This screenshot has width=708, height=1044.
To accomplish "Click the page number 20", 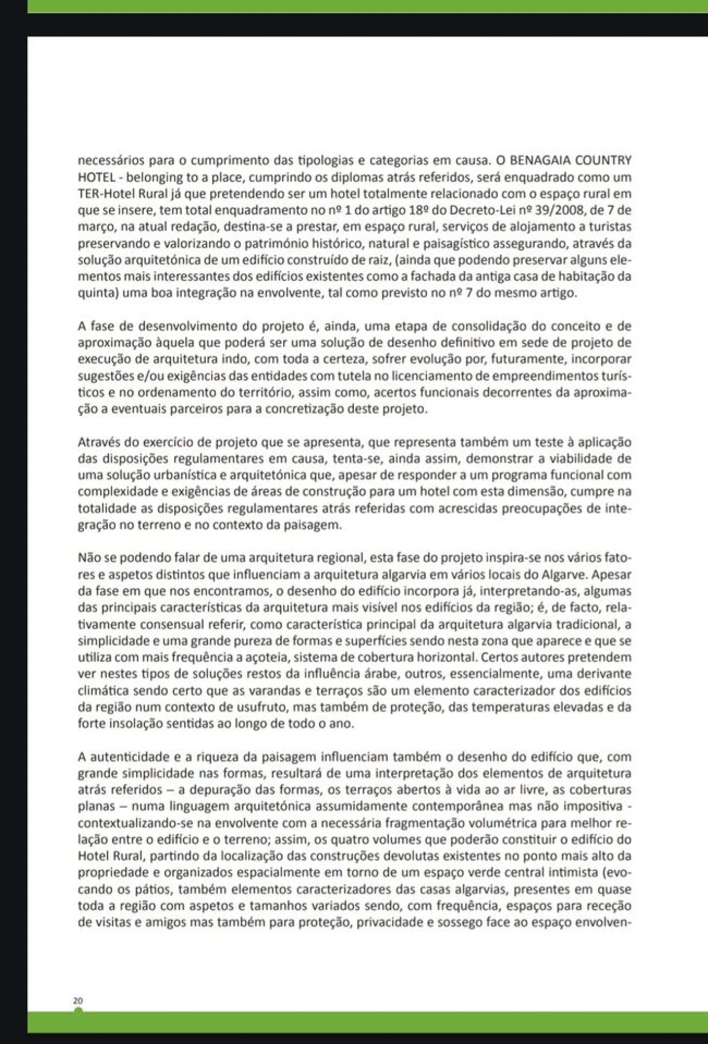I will pos(77,1000).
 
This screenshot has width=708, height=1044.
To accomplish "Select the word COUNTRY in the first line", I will pos(604,161).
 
